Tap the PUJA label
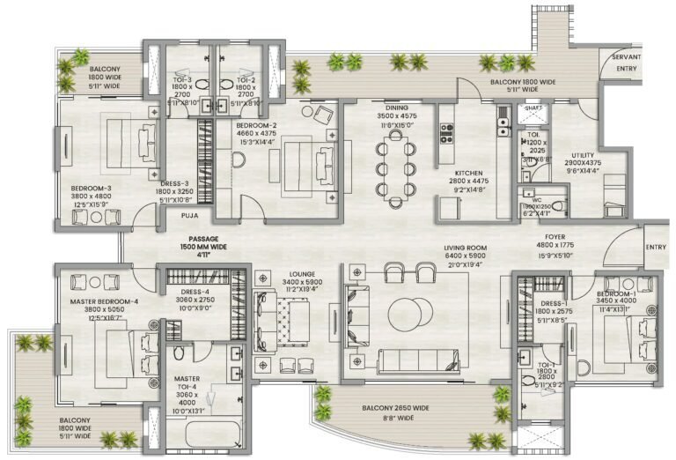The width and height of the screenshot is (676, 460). (189, 214)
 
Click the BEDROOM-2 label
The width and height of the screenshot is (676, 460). (256, 126)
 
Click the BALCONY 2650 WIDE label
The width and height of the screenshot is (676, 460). (395, 409)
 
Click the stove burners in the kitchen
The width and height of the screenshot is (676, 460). (446, 133)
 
